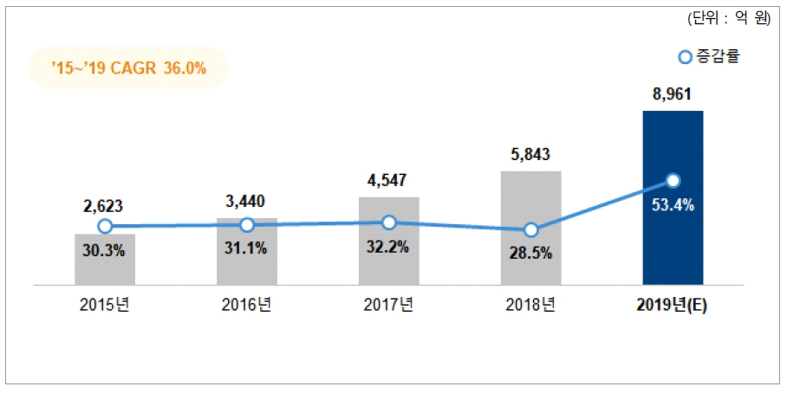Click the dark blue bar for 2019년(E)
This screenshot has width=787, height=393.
click(673, 242)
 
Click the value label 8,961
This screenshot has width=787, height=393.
click(673, 93)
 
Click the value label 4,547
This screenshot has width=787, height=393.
click(389, 182)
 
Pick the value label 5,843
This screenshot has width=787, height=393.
click(531, 155)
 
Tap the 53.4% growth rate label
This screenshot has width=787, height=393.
click(673, 206)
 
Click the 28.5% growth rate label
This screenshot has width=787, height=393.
click(531, 255)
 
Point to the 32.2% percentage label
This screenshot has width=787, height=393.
click(389, 247)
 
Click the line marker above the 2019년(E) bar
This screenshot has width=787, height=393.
click(673, 181)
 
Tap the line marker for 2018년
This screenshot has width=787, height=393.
click(531, 230)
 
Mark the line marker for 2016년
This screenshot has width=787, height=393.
click(247, 225)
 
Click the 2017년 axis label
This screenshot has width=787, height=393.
click(389, 306)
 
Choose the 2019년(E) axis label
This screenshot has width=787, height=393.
click(673, 306)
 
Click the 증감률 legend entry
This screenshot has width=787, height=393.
click(710, 58)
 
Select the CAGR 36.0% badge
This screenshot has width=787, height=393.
click(128, 68)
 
